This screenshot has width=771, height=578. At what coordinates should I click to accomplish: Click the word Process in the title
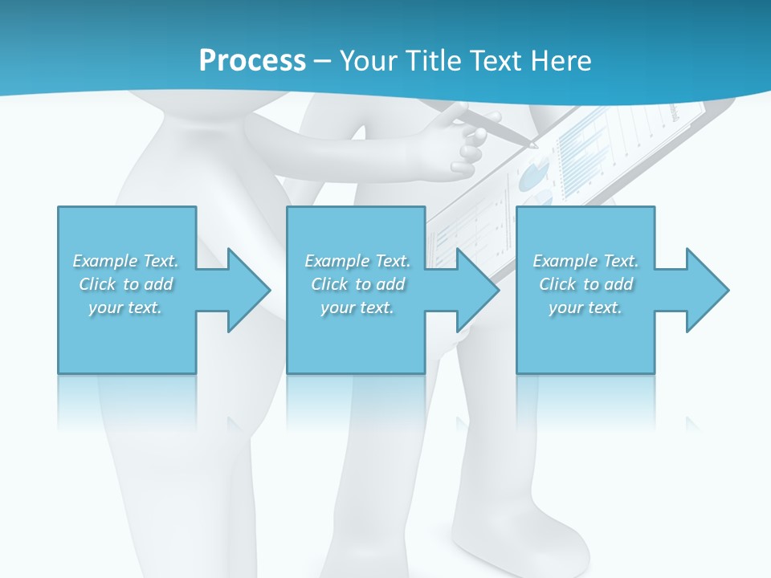click(x=252, y=60)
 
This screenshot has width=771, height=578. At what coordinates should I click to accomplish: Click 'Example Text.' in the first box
click(x=125, y=261)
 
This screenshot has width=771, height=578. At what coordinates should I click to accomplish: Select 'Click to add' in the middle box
click(x=357, y=284)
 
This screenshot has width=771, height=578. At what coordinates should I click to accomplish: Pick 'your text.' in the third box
click(x=585, y=307)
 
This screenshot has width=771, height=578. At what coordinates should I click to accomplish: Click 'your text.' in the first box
click(x=125, y=307)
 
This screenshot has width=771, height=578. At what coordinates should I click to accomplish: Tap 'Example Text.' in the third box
click(x=585, y=261)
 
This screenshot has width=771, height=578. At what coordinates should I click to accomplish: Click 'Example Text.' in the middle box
click(x=357, y=261)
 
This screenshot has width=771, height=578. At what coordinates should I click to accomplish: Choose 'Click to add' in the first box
click(x=125, y=284)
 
